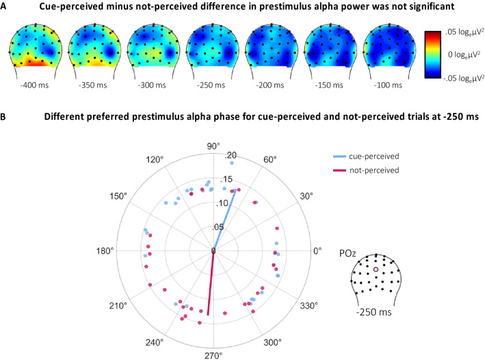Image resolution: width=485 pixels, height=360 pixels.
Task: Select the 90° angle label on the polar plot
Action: click(213, 146)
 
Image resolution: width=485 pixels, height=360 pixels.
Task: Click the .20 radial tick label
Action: click(231, 154)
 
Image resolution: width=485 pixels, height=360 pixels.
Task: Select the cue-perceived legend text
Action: click(369, 155)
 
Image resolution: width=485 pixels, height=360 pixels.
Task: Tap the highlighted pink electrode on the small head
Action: click(376, 270)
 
